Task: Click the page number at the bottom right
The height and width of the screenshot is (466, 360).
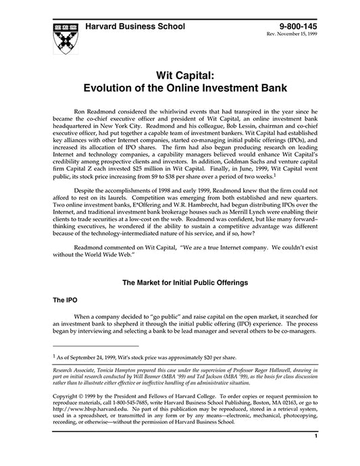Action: coord(315,455)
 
